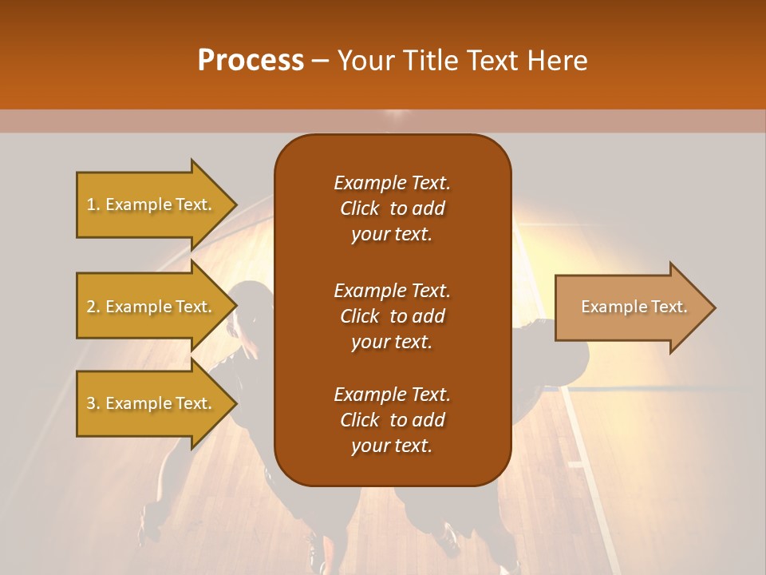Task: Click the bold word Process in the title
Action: click(251, 61)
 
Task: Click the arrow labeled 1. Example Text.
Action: click(152, 204)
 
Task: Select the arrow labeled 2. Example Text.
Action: click(152, 307)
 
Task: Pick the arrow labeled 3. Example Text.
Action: click(152, 403)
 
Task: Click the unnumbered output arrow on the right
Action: click(630, 307)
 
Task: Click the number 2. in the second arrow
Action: click(93, 307)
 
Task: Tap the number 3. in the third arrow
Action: click(93, 403)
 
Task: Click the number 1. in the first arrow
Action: click(93, 204)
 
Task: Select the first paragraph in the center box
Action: click(392, 208)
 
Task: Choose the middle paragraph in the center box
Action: click(392, 315)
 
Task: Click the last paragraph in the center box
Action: click(392, 420)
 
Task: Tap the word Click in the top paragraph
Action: click(359, 208)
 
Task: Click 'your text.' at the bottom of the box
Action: click(392, 446)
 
